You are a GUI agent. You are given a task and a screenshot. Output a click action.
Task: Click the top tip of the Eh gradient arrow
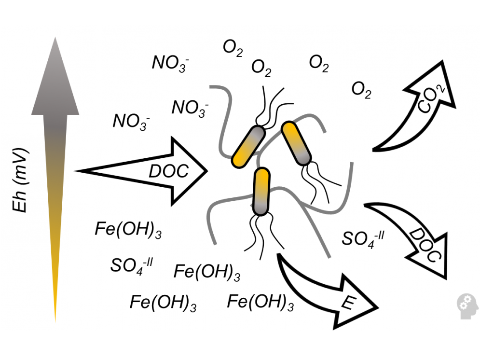click(x=55, y=37)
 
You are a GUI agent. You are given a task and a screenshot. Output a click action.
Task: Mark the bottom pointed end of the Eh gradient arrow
click(x=55, y=323)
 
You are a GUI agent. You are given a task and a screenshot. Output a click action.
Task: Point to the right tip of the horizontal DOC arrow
click(x=207, y=171)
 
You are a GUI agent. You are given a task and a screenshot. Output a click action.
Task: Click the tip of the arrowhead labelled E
click(x=378, y=307)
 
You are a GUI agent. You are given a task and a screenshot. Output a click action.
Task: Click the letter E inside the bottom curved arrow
click(x=348, y=303)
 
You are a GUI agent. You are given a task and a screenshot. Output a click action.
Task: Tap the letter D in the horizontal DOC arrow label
click(x=155, y=171)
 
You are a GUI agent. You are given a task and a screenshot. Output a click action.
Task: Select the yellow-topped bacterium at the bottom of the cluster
click(x=261, y=191)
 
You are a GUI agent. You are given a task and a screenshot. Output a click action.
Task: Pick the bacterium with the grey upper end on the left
click(x=248, y=147)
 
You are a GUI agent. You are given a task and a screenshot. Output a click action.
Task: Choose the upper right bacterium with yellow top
click(x=296, y=144)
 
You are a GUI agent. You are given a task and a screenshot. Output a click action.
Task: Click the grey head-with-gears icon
click(x=467, y=306)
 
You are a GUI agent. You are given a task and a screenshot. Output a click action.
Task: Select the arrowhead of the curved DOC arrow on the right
click(x=432, y=257)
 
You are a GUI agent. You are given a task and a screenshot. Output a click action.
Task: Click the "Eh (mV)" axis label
click(x=20, y=180)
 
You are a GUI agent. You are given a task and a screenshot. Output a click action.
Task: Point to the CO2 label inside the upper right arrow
click(x=431, y=98)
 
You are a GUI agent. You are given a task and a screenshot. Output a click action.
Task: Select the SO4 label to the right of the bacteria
click(x=363, y=239)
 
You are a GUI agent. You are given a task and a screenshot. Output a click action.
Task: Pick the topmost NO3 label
click(x=170, y=63)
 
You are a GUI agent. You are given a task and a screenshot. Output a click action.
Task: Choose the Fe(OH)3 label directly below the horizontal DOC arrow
click(x=128, y=230)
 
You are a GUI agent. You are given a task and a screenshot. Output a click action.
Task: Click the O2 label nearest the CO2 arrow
click(x=361, y=90)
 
